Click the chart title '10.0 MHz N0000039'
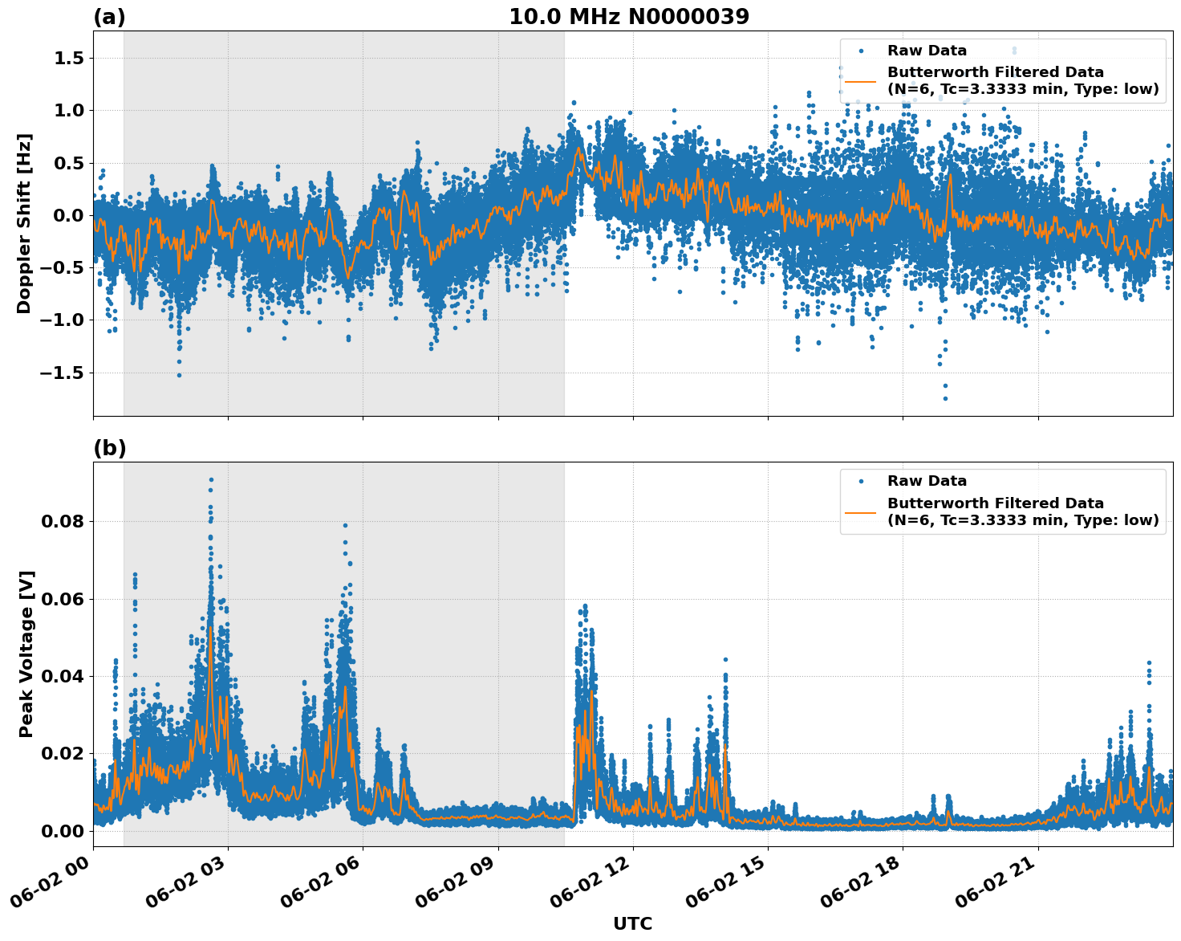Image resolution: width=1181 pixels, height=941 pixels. click(629, 17)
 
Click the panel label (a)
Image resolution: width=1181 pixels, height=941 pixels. click(109, 17)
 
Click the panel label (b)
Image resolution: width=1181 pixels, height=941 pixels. click(109, 448)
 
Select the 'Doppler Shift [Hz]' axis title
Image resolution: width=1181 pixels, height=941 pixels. click(24, 223)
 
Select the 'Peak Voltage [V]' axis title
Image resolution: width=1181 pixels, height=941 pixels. click(26, 654)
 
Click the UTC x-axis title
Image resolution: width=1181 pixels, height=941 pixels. click(632, 923)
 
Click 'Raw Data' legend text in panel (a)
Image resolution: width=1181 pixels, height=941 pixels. click(927, 51)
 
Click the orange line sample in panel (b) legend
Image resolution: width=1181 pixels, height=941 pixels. click(860, 511)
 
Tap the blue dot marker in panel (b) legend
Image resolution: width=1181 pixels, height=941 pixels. click(860, 481)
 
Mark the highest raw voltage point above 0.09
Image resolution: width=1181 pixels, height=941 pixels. click(211, 480)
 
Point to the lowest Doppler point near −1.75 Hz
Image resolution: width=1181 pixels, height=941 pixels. click(945, 398)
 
